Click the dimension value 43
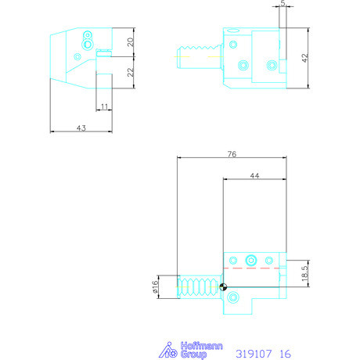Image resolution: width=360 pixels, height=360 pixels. [x=81, y=126]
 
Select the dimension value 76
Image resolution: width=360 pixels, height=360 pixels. [x=232, y=154]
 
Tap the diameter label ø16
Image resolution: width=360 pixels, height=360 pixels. [x=156, y=286]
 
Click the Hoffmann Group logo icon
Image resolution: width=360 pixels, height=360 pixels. [x=167, y=350]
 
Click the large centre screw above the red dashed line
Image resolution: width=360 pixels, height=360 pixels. [x=251, y=260]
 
